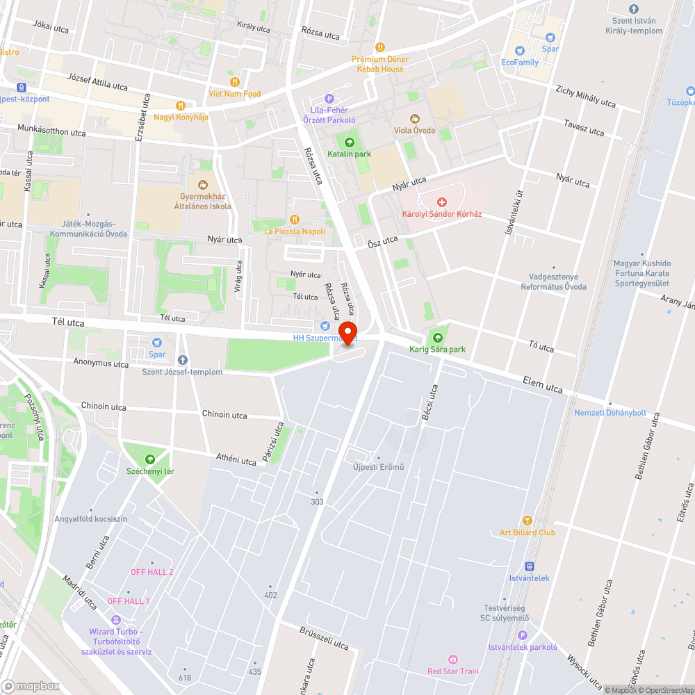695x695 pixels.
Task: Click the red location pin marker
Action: (347, 332)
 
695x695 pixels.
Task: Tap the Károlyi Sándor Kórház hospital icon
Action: (441, 202)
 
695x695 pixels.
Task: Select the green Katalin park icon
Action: (350, 142)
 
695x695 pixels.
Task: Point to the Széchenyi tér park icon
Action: (150, 459)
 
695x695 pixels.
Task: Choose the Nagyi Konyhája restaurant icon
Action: (181, 105)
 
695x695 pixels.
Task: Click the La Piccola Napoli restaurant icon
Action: (294, 220)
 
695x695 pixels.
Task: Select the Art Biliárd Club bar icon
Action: (527, 521)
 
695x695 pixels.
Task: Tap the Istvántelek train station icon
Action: (529, 566)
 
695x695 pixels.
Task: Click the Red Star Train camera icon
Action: (453, 659)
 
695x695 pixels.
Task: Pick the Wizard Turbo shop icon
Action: (115, 620)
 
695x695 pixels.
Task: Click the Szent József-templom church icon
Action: (183, 360)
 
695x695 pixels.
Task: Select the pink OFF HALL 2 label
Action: (152, 571)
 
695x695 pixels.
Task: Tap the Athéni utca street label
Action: (236, 459)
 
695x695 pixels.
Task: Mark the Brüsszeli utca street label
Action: (325, 639)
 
